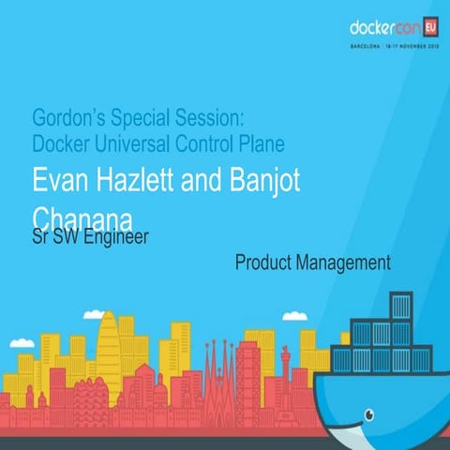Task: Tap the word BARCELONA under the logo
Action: [367, 44]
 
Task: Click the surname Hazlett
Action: [127, 181]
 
